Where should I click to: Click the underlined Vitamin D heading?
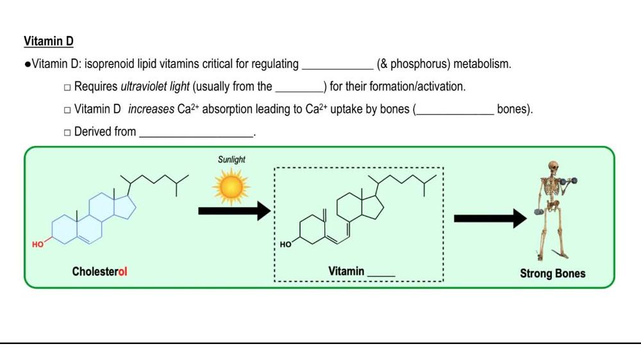(x=49, y=42)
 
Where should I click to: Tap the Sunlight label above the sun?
(x=231, y=160)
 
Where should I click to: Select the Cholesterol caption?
(x=99, y=272)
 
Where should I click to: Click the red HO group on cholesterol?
(x=38, y=244)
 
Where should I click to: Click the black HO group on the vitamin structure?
(x=286, y=244)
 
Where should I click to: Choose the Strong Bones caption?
(x=553, y=274)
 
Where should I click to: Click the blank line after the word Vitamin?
(x=381, y=274)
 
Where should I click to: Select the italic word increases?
(x=151, y=110)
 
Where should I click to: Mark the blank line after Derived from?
(x=196, y=135)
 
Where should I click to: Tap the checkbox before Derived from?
(x=67, y=133)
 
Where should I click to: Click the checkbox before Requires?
(x=67, y=87)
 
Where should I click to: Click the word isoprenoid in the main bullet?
(x=111, y=64)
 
